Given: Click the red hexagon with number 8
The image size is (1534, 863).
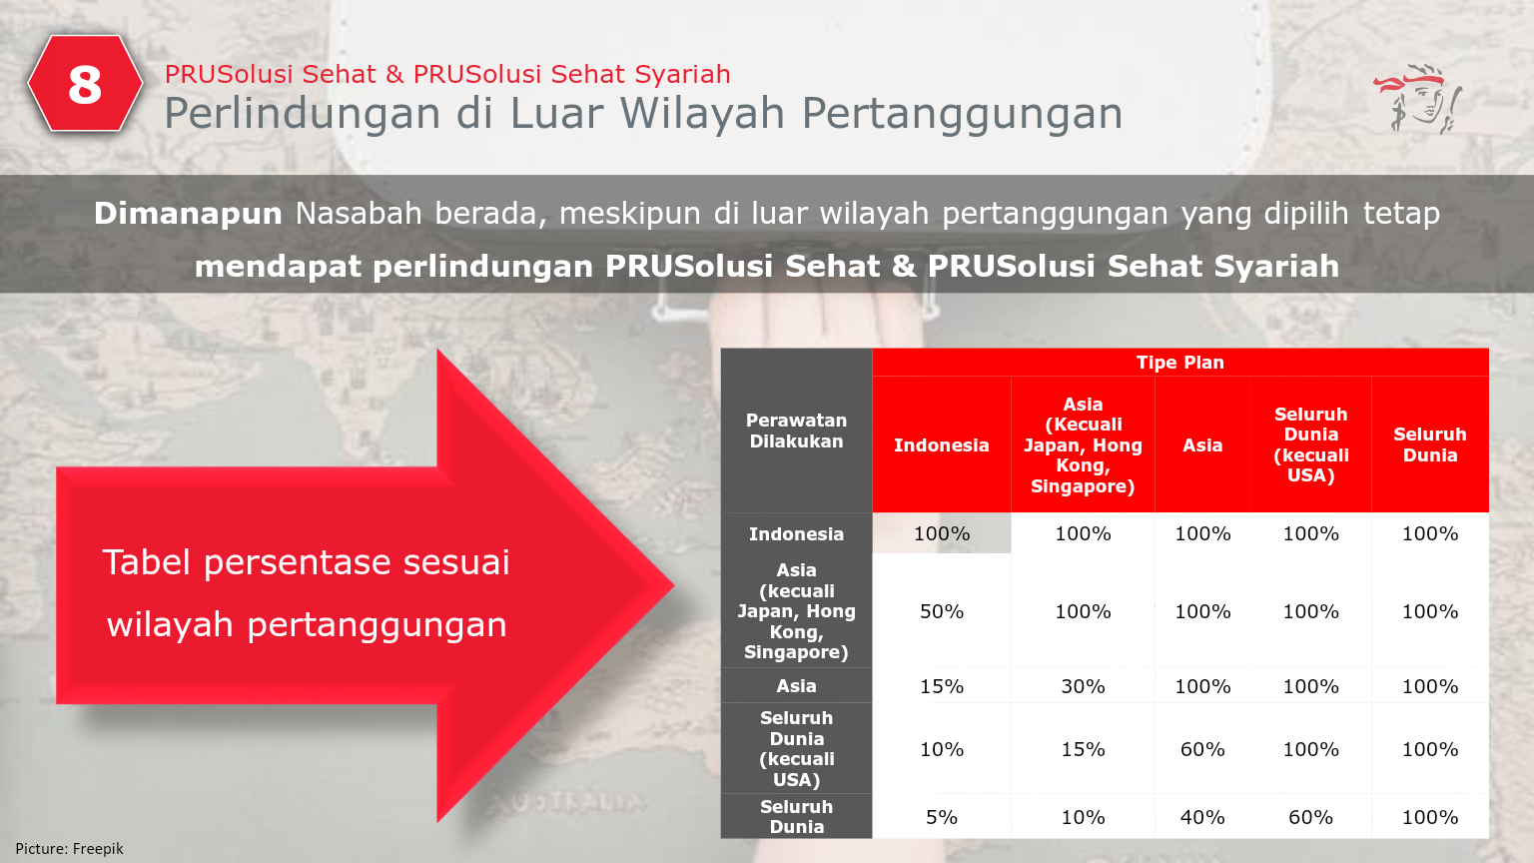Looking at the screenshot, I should click(85, 84).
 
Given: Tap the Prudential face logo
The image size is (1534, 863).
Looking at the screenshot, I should click(1418, 99).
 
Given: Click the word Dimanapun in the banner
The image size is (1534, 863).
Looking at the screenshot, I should click(188, 213).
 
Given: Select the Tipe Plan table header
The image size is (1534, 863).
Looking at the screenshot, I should click(1179, 363).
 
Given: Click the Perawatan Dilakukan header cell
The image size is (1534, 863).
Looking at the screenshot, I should click(796, 431).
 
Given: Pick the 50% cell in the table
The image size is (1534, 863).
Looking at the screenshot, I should click(941, 611).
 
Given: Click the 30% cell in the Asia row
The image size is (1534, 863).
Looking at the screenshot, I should click(1083, 686).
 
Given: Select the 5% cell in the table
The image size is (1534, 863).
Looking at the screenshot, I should click(941, 817).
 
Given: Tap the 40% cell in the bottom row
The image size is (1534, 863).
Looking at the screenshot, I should click(1202, 817).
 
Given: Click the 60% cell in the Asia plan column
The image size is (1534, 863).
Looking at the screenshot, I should click(1202, 749).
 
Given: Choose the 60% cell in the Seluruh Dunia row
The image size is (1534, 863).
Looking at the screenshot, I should click(1310, 817).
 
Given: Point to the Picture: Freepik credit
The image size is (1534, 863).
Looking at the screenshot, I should click(70, 848).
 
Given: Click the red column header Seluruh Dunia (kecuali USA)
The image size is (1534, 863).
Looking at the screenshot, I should click(1310, 444).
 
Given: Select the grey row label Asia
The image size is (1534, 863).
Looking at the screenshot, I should click(796, 686).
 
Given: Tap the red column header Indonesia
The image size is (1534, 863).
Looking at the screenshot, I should click(941, 445).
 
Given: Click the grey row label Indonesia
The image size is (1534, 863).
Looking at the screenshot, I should click(796, 534).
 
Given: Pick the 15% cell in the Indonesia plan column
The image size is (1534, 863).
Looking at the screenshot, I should click(941, 686).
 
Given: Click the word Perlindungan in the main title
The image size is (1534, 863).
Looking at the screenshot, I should click(302, 114).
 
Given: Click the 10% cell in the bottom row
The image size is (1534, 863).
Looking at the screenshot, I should click(1083, 817).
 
